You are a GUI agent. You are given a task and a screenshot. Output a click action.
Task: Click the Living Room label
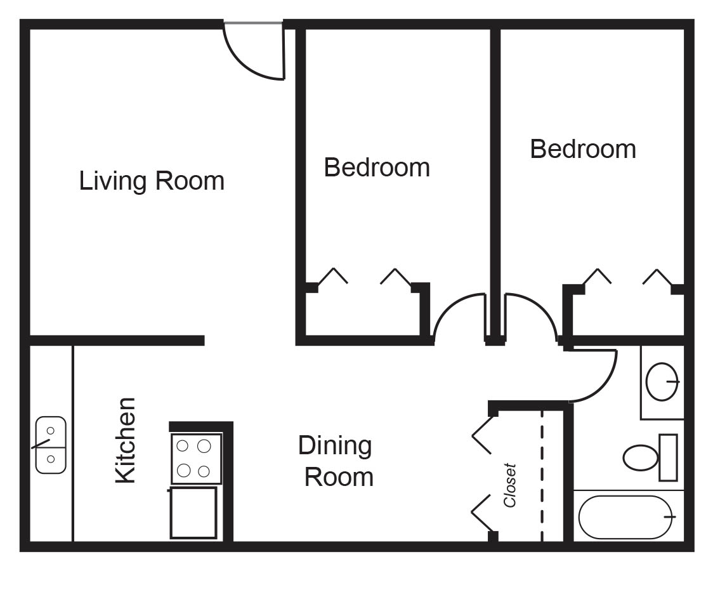pyautogui.click(x=152, y=181)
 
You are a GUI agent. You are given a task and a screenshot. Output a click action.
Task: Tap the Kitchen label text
pyautogui.click(x=125, y=440)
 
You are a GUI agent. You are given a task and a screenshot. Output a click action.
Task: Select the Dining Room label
pyautogui.click(x=336, y=461)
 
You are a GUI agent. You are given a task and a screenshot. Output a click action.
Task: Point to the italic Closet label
pyautogui.click(x=510, y=485)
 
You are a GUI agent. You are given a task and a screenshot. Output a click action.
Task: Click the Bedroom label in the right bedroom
pyautogui.click(x=583, y=149)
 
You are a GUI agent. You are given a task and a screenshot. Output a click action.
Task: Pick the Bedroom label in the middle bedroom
pyautogui.click(x=377, y=167)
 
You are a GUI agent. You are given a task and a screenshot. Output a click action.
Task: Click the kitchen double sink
pyautogui.click(x=51, y=445)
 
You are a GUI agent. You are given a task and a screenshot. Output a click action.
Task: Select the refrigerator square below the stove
pyautogui.click(x=193, y=513)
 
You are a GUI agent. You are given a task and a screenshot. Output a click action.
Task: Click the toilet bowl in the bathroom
pyautogui.click(x=640, y=457)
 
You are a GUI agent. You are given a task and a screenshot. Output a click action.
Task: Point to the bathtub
pyautogui.click(x=625, y=517)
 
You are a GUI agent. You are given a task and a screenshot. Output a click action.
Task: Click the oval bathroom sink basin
pyautogui.click(x=662, y=382)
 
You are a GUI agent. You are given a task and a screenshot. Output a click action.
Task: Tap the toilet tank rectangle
pyautogui.click(x=668, y=457)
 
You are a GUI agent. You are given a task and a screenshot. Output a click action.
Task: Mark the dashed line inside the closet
pyautogui.click(x=542, y=476)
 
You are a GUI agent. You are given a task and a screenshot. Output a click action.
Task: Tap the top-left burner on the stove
pyautogui.click(x=182, y=446)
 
